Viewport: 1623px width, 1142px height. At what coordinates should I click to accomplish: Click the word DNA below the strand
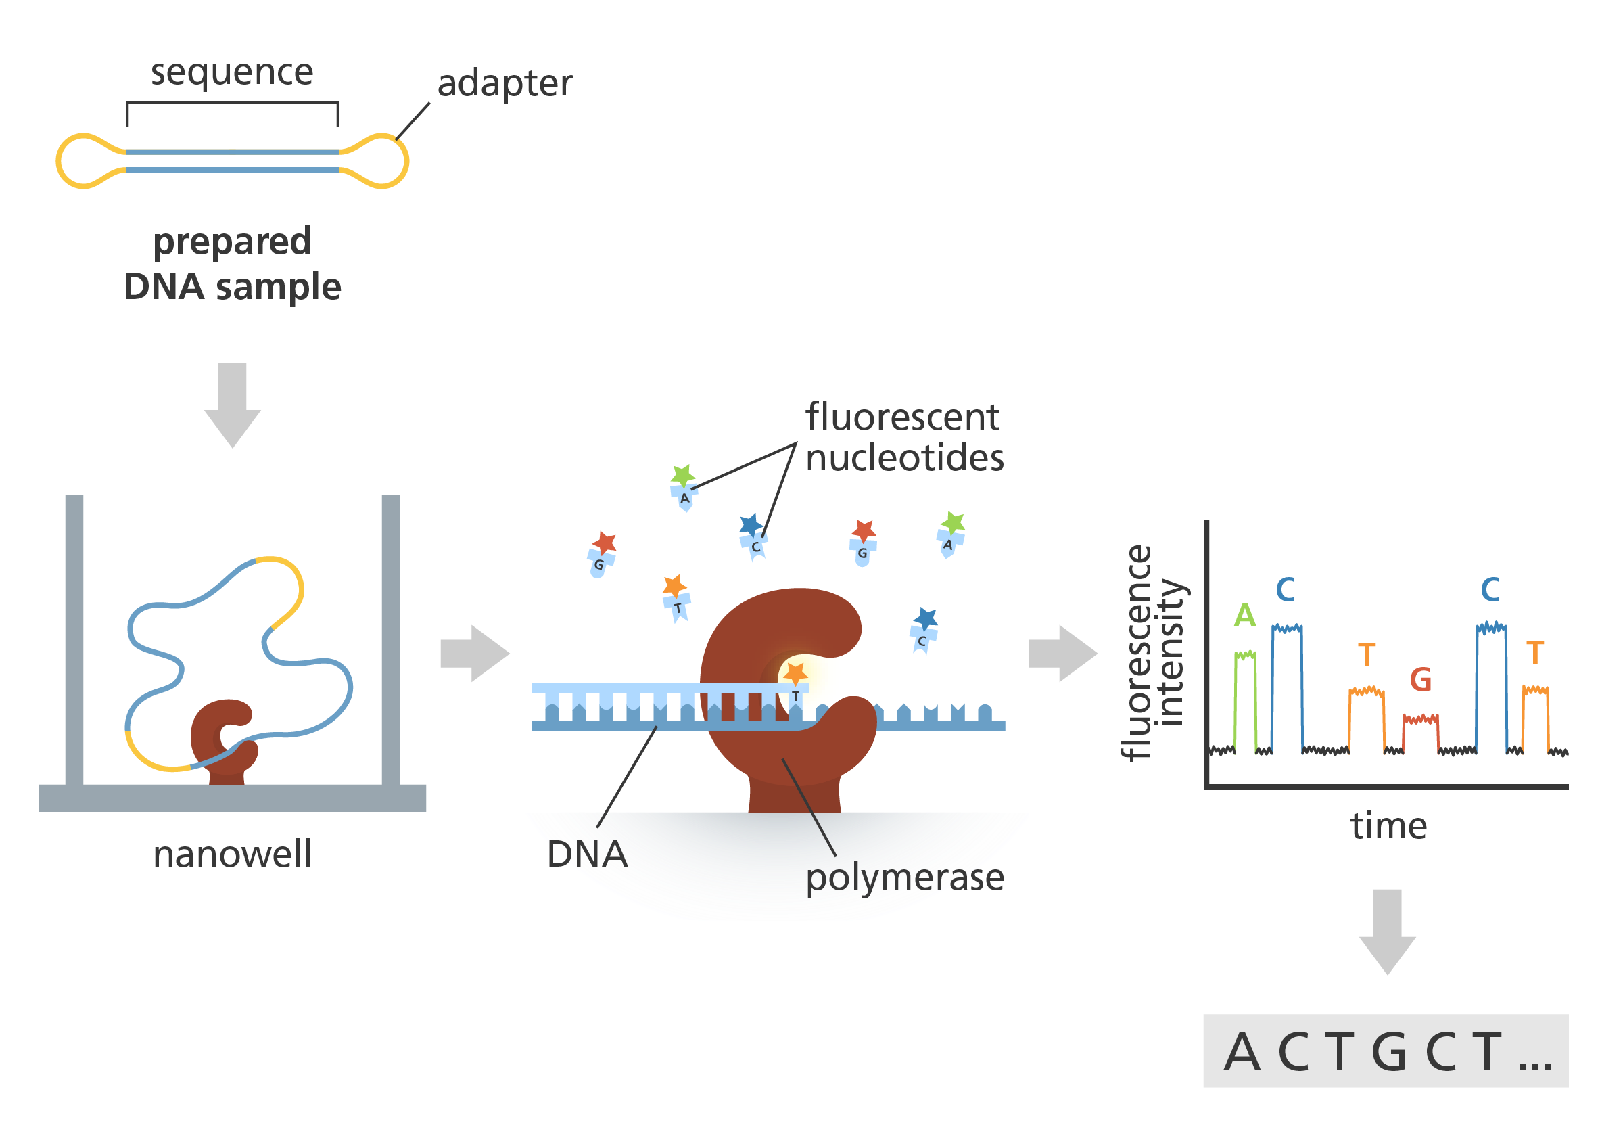[587, 854]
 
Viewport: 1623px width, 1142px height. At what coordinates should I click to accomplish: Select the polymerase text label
[905, 877]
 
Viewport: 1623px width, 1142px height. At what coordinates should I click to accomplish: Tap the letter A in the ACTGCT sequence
[1242, 1053]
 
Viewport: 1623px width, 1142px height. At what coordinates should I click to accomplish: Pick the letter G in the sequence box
[1389, 1053]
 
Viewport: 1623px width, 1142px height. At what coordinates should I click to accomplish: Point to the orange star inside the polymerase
[796, 673]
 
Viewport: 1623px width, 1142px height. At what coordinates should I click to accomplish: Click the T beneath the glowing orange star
[795, 697]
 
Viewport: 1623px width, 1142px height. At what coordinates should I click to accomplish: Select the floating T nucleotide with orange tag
[677, 607]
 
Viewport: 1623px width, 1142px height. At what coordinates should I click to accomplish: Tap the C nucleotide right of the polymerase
[922, 641]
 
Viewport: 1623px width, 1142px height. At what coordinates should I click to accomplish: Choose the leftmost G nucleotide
[598, 564]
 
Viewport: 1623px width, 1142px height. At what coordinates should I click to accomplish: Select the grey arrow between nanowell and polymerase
[472, 654]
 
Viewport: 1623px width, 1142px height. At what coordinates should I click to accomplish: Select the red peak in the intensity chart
[1438, 729]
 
